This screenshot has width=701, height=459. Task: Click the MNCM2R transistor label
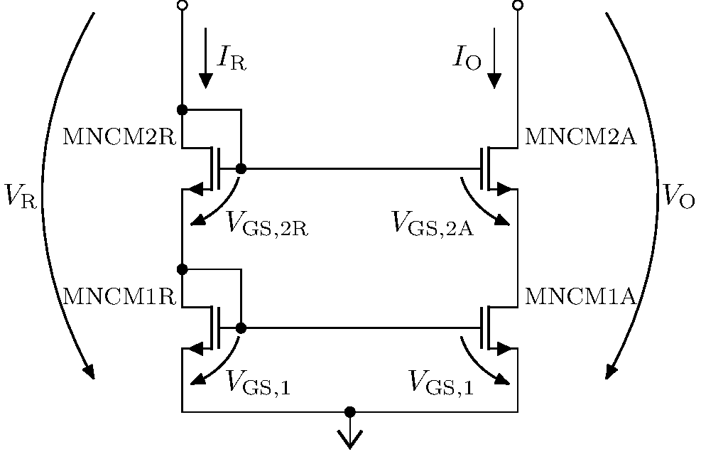(x=119, y=136)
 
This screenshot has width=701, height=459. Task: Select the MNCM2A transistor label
(x=580, y=136)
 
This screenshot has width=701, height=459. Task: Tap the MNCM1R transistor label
(x=119, y=296)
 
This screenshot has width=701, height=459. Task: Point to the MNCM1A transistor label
(x=580, y=296)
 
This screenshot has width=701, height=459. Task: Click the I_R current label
(x=232, y=60)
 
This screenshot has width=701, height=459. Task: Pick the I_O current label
(x=467, y=60)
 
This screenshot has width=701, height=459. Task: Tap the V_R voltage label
(x=19, y=195)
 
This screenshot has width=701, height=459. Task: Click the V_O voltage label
(x=678, y=195)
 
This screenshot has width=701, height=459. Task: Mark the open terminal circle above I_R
(x=182, y=6)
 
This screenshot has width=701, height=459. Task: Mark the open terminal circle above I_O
(x=517, y=6)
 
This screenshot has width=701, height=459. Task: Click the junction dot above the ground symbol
(x=349, y=411)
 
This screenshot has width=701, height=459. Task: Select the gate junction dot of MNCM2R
(x=241, y=168)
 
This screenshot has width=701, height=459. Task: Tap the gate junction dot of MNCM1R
(x=241, y=328)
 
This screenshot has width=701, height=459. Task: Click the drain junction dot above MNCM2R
(x=182, y=109)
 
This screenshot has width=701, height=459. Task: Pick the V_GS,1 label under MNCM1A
(x=441, y=384)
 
